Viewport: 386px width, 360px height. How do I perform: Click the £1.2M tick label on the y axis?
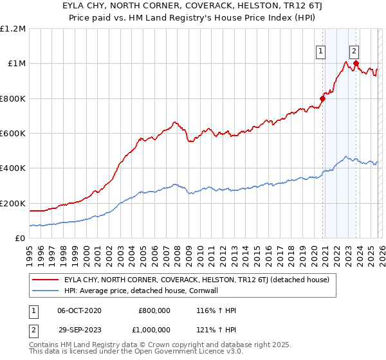pyautogui.click(x=13, y=29)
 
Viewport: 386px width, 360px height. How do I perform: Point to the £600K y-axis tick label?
pyautogui.click(x=13, y=134)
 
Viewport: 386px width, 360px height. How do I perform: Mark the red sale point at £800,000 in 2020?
pyautogui.click(x=323, y=99)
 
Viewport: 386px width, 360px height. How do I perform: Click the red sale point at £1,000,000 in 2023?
pyautogui.click(x=356, y=64)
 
